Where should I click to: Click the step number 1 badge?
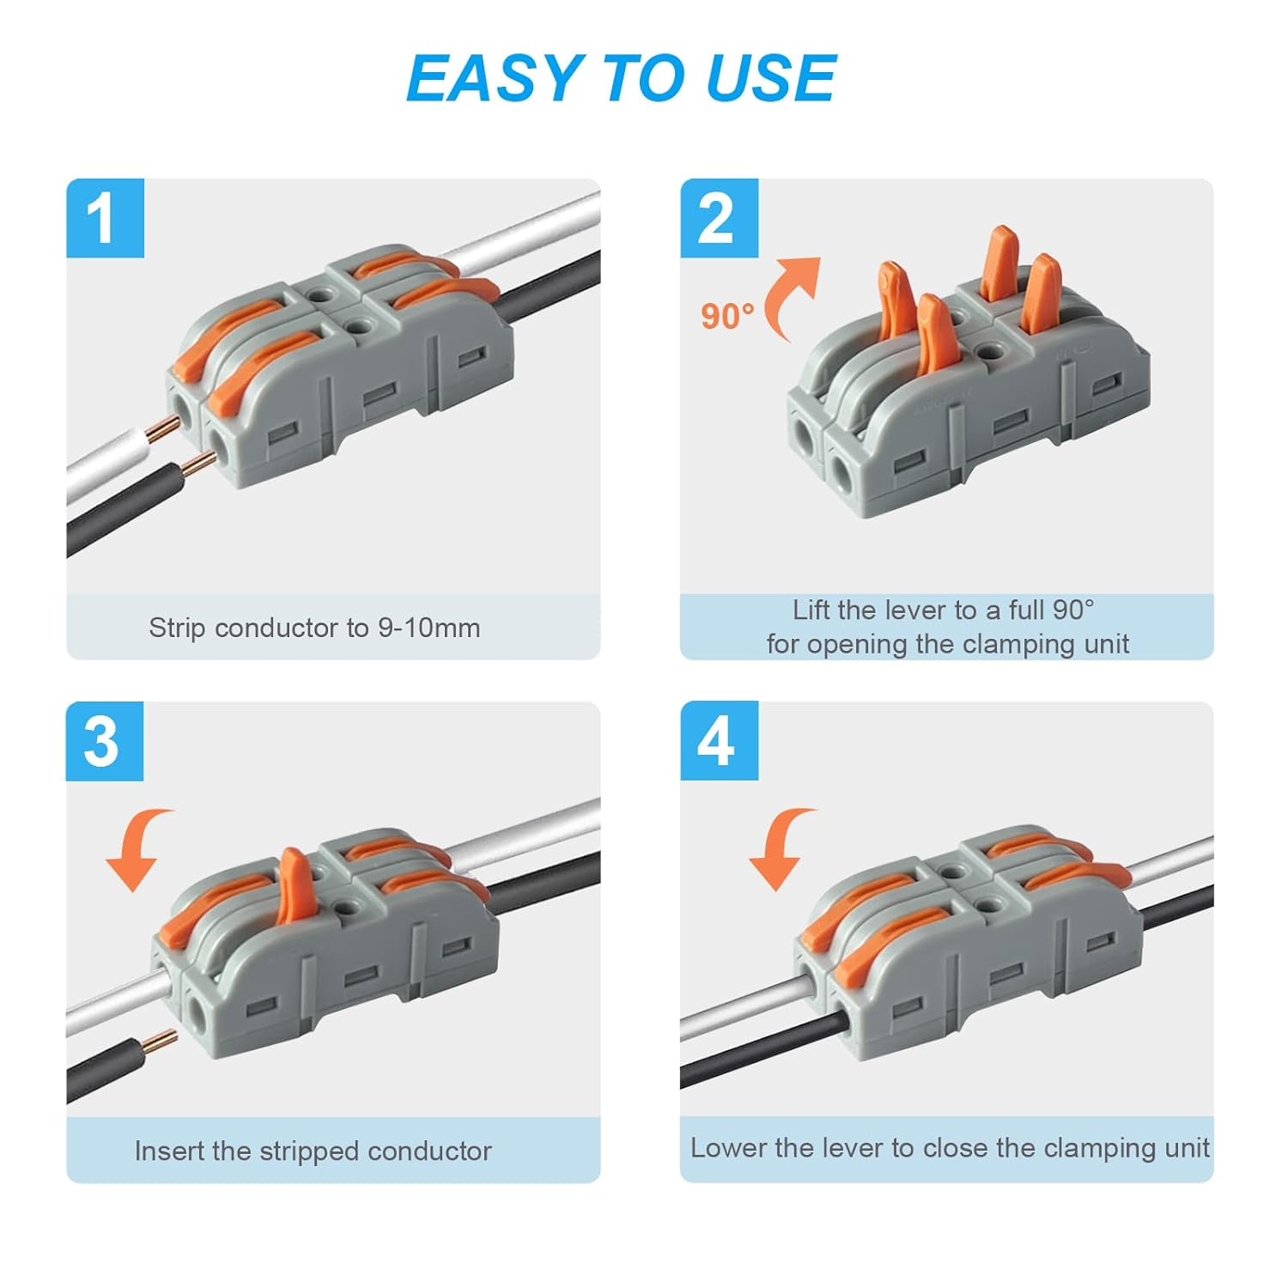click(x=105, y=218)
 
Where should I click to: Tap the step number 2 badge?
click(x=719, y=218)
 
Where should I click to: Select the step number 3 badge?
click(x=105, y=741)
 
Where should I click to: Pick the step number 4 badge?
click(x=719, y=741)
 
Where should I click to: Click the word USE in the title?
click(x=770, y=78)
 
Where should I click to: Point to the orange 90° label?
click(x=727, y=317)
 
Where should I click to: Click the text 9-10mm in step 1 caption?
click(x=428, y=628)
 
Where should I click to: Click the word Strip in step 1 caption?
click(x=178, y=629)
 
